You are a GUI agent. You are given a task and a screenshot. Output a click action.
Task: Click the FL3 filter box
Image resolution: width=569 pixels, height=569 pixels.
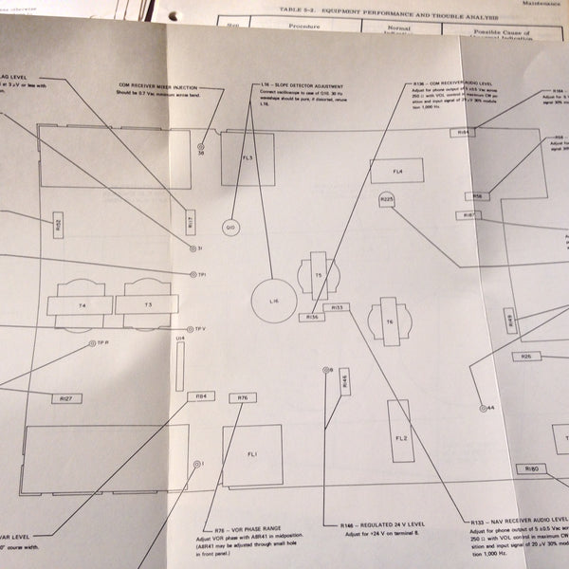point(248,158)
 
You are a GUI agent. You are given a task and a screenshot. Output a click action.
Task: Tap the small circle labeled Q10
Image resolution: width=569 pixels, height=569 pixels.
point(231,228)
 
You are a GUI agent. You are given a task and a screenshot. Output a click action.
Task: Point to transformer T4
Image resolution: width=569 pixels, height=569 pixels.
point(83,305)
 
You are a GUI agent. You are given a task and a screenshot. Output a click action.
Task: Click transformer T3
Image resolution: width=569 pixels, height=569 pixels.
point(147,305)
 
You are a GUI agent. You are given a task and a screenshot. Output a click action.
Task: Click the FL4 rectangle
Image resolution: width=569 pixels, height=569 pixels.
point(398,172)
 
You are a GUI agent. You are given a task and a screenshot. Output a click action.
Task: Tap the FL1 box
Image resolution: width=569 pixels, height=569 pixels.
point(252,454)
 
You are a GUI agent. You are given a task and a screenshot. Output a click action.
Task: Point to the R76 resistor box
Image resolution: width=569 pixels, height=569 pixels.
point(243,397)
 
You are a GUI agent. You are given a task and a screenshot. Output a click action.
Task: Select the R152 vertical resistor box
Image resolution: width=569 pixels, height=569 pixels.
point(59,226)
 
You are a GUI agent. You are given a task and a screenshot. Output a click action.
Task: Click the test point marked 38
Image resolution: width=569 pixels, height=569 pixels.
point(201,148)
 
